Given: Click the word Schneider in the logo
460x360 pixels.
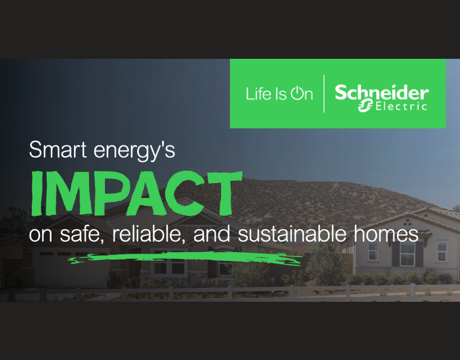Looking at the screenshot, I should point(381,93).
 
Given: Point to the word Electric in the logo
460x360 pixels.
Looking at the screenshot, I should point(401,107).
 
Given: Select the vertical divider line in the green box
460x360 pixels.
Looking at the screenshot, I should point(324,94).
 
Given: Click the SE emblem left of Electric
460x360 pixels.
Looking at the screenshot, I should point(365,107).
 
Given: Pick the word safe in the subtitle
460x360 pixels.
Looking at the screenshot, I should point(74,234).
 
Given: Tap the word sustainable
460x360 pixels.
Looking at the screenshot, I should point(290,233).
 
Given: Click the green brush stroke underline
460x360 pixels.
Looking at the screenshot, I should point(186,258).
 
